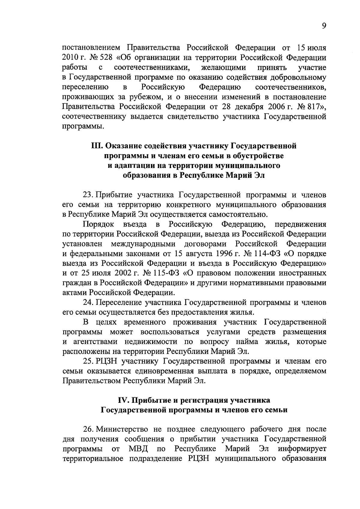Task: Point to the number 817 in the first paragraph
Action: click(x=313, y=107)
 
